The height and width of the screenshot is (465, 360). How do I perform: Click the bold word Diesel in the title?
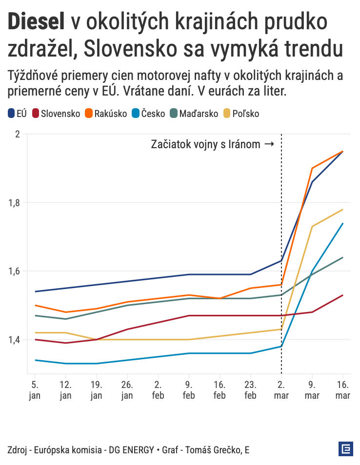(36, 22)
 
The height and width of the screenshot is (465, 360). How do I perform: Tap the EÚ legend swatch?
(12, 114)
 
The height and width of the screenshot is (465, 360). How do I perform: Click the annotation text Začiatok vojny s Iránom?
(205, 144)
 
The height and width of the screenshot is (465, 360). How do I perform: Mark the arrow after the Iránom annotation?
(269, 144)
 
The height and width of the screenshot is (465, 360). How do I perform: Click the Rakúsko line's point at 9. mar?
(312, 168)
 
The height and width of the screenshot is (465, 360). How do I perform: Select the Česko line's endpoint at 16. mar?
(343, 223)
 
